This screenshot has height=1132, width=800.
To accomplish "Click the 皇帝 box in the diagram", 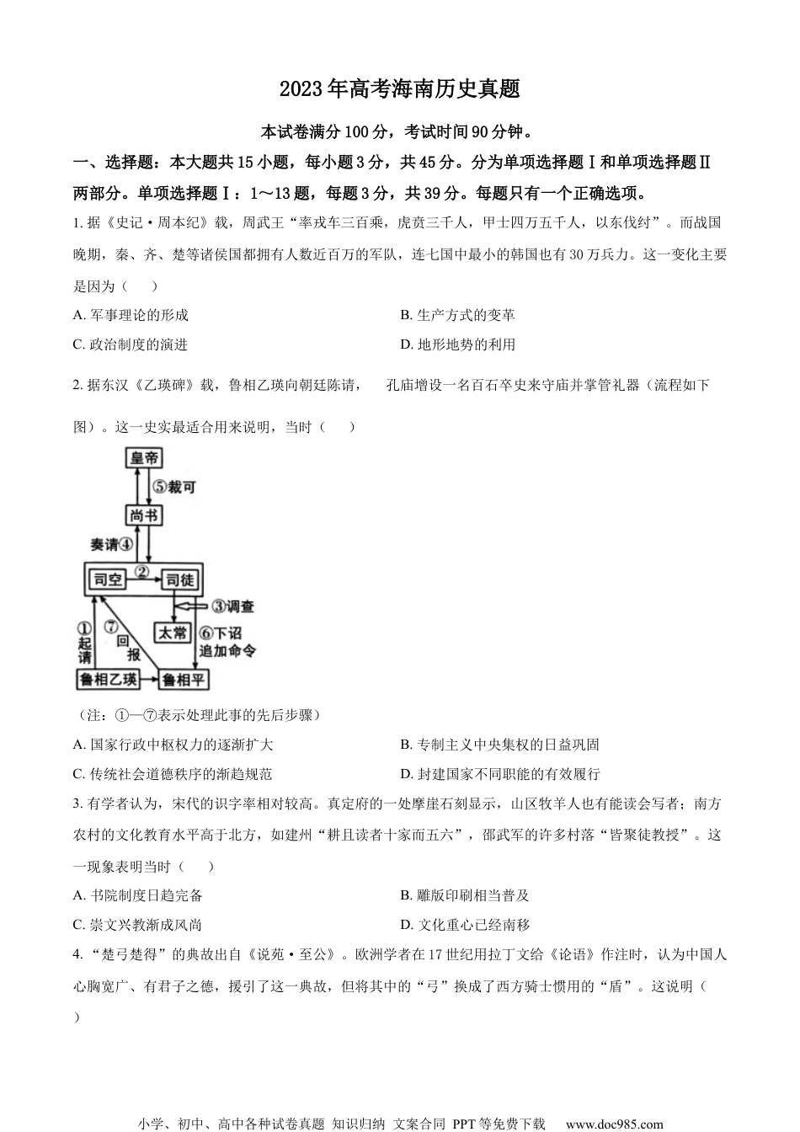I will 144,458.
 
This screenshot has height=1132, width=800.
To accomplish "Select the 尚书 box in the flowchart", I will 144,515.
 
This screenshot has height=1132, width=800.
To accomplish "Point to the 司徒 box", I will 179,579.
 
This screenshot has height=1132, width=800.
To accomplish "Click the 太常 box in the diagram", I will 173,633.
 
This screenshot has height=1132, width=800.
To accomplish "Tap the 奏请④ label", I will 111,544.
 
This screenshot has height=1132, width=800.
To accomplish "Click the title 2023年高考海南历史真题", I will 399,89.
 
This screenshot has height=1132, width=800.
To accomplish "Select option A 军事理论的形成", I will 131,315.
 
